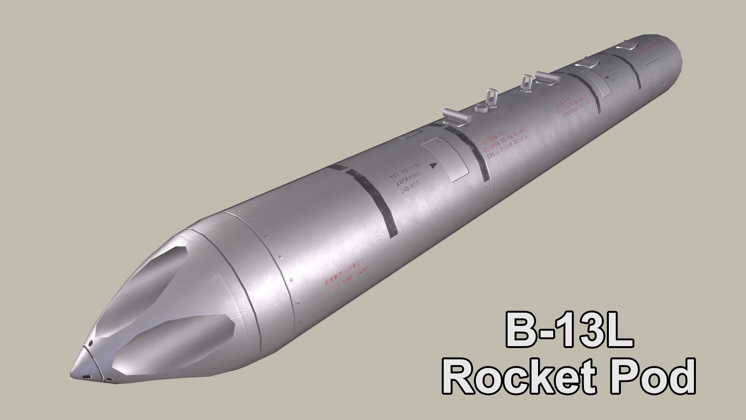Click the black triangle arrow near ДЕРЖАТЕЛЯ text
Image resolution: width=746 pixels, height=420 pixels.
[x=434, y=165]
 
